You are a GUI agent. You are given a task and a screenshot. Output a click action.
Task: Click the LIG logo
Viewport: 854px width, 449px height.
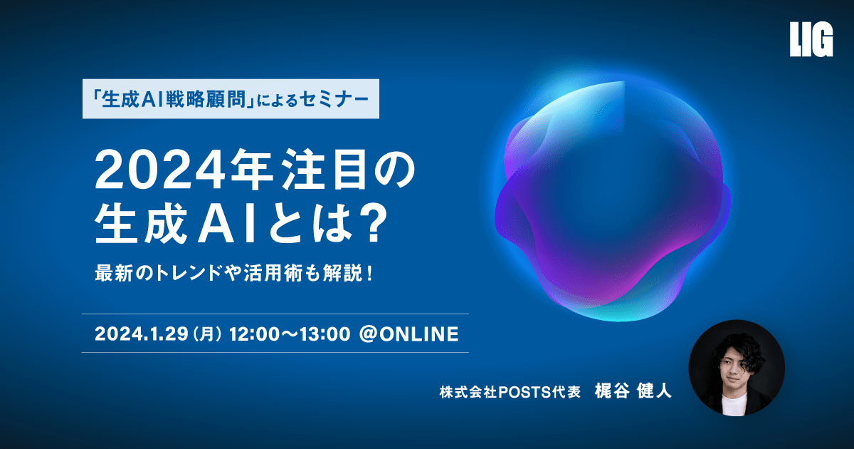(811, 39)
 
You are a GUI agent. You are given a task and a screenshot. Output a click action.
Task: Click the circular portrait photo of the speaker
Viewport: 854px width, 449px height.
(736, 368)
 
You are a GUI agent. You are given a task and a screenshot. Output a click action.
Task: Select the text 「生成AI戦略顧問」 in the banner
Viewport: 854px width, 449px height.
(174, 100)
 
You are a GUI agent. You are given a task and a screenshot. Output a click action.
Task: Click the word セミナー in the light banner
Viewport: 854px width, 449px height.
(334, 100)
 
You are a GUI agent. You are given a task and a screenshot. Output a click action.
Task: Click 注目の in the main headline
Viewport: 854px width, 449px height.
(349, 169)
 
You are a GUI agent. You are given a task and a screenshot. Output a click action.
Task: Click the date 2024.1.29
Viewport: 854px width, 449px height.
(142, 334)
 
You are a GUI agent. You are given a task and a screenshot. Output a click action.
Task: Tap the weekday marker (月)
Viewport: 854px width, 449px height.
(207, 334)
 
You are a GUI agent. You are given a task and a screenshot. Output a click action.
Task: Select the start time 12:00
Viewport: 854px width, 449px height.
(254, 334)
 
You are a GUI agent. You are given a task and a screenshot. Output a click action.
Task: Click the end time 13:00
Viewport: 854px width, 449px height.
(325, 334)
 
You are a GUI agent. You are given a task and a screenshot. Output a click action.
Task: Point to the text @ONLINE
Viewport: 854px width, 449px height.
(408, 334)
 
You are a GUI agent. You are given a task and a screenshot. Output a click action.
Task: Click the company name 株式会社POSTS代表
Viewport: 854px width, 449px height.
(510, 392)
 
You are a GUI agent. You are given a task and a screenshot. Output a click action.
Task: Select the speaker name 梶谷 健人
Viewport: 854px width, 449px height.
(633, 391)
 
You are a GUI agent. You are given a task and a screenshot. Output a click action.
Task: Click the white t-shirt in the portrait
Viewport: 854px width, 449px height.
(734, 405)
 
